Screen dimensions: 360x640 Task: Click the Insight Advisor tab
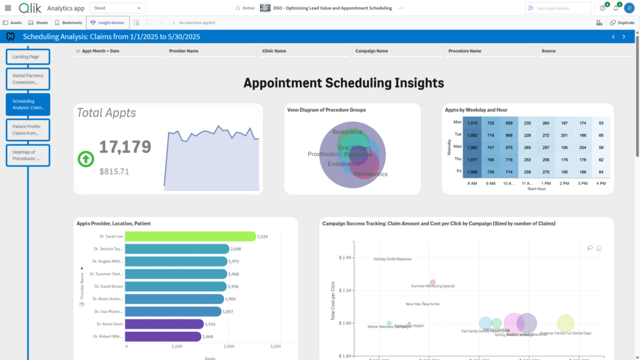point(108,22)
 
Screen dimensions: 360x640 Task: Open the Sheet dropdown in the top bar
point(117,8)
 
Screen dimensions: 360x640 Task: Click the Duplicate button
point(622,22)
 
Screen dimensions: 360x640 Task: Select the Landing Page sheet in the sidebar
point(27,57)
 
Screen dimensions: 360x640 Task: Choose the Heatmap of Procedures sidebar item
point(27,155)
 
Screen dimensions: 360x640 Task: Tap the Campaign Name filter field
point(397,51)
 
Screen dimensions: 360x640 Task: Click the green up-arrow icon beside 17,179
point(86,159)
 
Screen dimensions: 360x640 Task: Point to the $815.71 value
point(114,172)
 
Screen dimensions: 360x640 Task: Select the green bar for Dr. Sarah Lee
point(190,237)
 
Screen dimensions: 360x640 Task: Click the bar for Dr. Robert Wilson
point(163,336)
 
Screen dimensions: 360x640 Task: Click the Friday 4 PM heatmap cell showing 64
point(601,172)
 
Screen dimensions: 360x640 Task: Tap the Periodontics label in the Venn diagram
point(370,174)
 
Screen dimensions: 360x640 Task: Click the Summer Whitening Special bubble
point(432,282)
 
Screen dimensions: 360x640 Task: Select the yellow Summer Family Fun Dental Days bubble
point(566,323)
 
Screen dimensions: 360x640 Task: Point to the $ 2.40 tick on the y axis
point(345,258)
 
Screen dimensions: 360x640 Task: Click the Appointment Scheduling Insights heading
point(344,83)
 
